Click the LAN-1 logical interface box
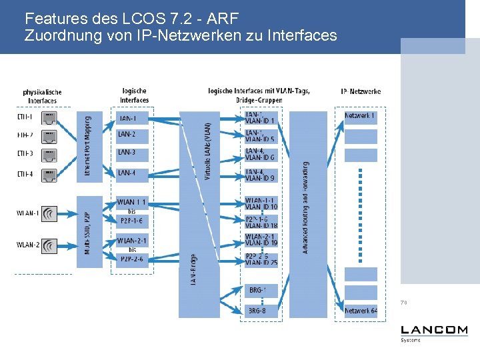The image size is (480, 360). [x=132, y=119]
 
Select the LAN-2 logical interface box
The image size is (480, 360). [x=132, y=135]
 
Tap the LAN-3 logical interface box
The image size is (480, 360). [x=132, y=154]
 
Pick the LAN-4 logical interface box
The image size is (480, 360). [x=132, y=173]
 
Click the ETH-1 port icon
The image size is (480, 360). [x=49, y=118]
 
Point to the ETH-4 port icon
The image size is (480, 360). [x=49, y=175]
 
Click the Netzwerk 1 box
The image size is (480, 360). [x=360, y=117]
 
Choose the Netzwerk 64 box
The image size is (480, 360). [x=360, y=311]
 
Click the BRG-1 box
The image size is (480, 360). [x=258, y=291]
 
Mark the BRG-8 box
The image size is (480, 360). [x=258, y=311]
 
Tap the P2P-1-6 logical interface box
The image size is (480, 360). [x=132, y=221]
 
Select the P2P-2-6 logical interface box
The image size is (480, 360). [x=132, y=259]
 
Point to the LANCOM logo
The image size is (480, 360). [x=433, y=331]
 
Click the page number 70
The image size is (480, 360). [x=404, y=303]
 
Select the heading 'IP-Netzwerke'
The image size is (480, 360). [x=361, y=91]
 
